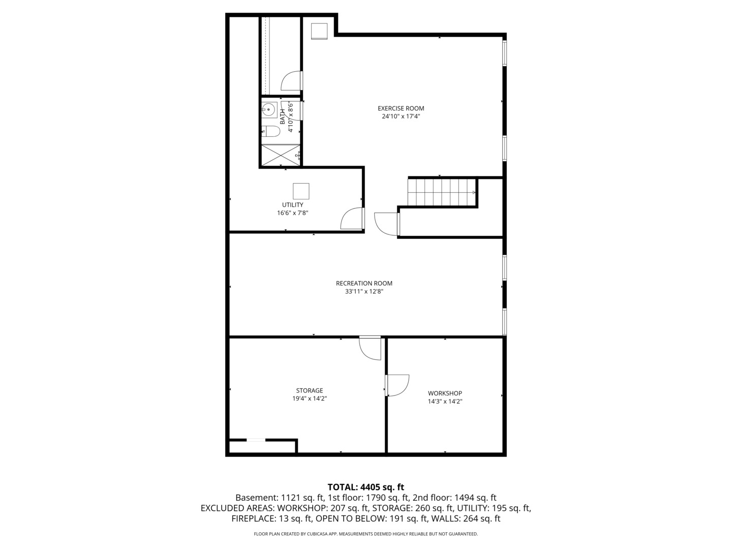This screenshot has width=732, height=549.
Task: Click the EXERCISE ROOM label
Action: (x=401, y=108)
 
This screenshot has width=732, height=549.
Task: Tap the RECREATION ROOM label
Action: (x=364, y=283)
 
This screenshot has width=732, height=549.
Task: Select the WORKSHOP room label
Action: (x=445, y=393)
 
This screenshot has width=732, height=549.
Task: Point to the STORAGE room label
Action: (x=310, y=390)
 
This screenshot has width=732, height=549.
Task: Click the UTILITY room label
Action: (x=293, y=205)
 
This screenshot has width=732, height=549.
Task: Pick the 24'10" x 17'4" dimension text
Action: (x=401, y=116)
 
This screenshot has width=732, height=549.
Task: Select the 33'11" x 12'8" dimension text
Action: (x=364, y=291)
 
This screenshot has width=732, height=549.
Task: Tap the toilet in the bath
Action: (x=270, y=131)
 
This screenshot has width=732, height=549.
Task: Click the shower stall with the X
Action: (x=281, y=155)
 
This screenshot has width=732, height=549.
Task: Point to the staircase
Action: (x=442, y=192)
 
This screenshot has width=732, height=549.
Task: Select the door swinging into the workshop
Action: (x=398, y=385)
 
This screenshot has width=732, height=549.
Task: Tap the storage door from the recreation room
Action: (x=370, y=348)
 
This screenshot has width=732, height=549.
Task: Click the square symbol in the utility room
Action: (x=301, y=191)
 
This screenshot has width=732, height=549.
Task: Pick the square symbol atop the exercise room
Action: (x=319, y=31)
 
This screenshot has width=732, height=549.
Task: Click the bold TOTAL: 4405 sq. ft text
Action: (x=366, y=487)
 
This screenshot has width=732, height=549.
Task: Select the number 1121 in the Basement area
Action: (x=291, y=498)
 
